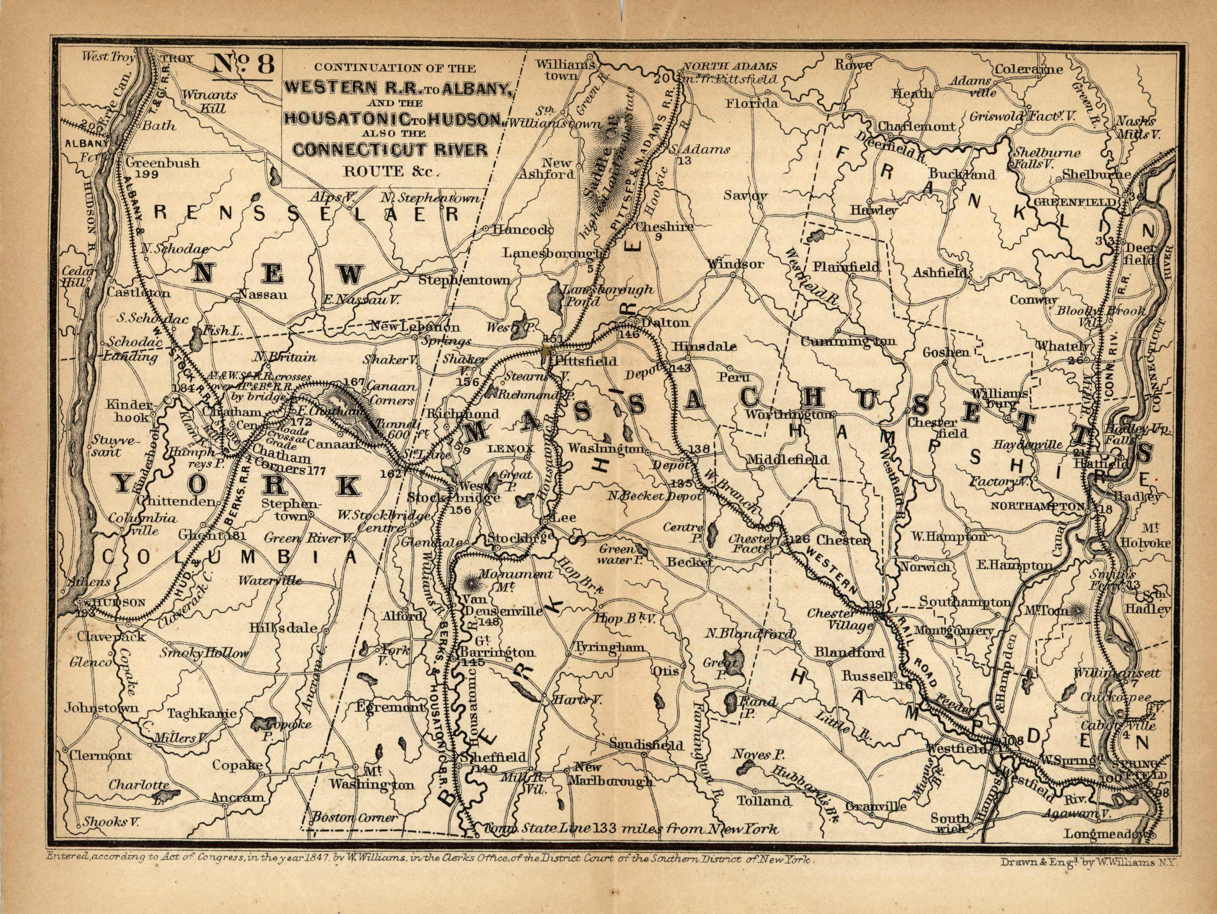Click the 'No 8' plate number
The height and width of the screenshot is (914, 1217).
click(242, 65)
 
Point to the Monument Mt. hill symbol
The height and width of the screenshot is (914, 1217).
click(471, 582)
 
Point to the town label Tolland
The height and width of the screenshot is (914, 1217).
click(763, 801)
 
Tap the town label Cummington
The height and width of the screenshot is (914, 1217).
click(848, 342)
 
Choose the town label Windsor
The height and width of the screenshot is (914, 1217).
click(735, 264)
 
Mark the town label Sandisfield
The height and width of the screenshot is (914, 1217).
click(646, 746)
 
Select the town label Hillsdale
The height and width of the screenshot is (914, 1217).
click(283, 628)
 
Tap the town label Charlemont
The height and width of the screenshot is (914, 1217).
click(916, 127)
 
